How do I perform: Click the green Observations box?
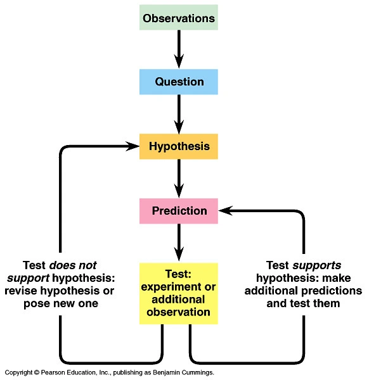(x=179, y=18)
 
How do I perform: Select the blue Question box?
(x=179, y=82)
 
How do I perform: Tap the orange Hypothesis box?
(x=179, y=146)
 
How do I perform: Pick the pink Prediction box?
(x=179, y=211)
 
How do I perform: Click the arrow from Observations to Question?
(x=179, y=49)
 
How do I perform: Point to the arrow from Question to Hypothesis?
(x=179, y=114)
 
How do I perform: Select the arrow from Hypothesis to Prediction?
(x=179, y=179)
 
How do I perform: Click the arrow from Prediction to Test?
(x=179, y=243)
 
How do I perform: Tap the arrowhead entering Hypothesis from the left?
(x=133, y=146)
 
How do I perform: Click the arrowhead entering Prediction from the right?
(x=226, y=211)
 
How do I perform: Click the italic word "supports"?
(x=317, y=265)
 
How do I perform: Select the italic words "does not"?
(x=73, y=265)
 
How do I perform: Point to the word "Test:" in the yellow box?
(x=178, y=274)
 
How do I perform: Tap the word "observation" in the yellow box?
(x=178, y=312)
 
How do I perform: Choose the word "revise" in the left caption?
(x=21, y=291)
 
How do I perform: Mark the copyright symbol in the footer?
(x=37, y=372)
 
